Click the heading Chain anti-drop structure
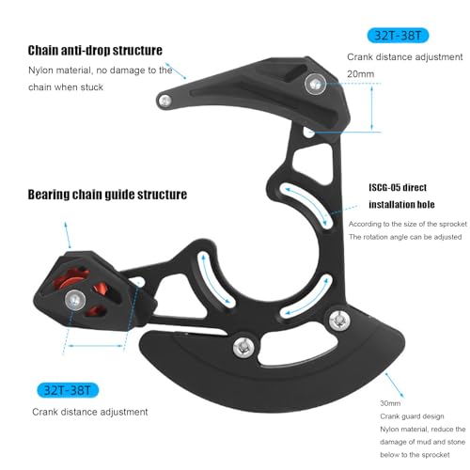coord(95,51)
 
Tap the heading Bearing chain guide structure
coord(107,195)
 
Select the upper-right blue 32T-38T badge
coord(398,36)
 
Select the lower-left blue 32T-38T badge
coord(68,390)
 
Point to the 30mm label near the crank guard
coord(390,403)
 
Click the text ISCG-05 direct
coord(398,188)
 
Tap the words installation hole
coord(401,205)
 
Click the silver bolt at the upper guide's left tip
coord(164,101)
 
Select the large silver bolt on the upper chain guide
coord(315,84)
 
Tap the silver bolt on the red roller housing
coord(75,300)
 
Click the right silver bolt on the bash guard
coord(339,321)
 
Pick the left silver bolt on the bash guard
coord(243,347)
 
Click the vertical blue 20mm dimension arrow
coord(372,108)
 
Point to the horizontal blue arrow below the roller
coord(96,346)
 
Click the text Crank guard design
coord(412,416)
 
